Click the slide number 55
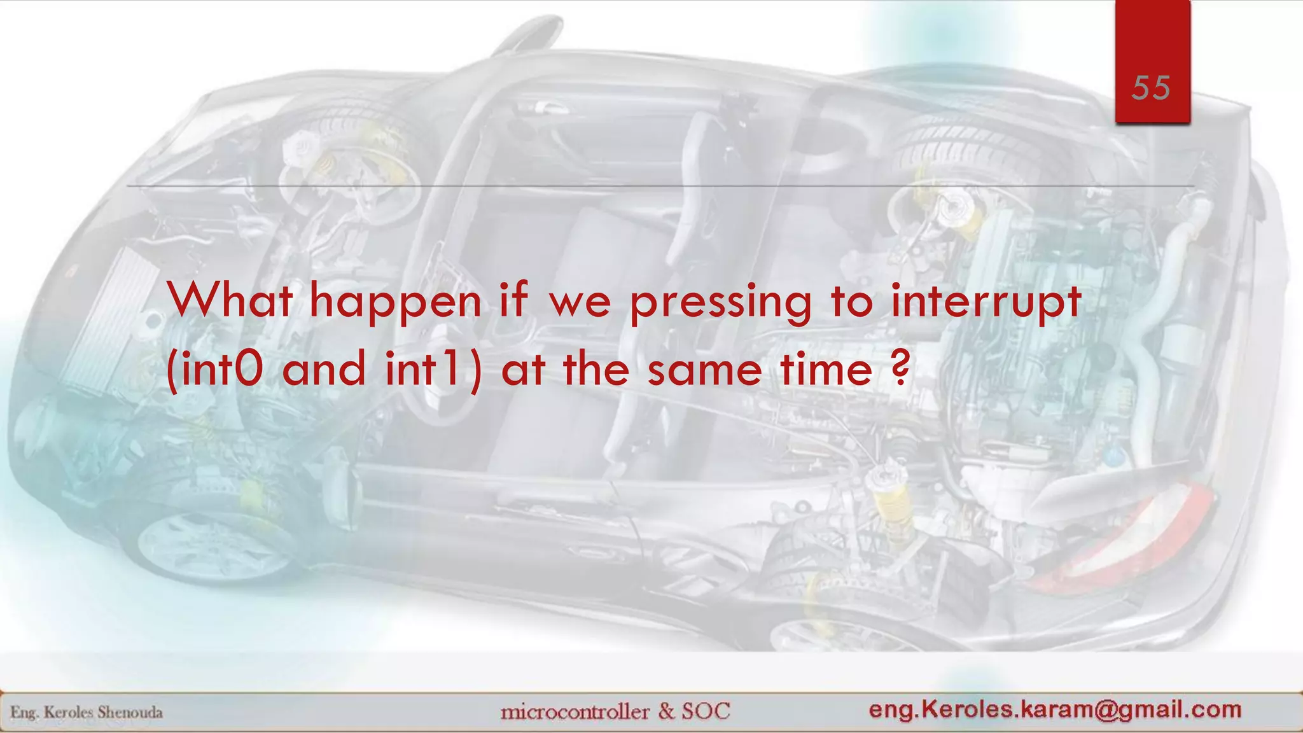(1151, 88)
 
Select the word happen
(395, 303)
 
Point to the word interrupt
(986, 302)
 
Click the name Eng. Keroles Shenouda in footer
(87, 712)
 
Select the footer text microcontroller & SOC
(615, 711)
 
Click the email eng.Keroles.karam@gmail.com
(1055, 709)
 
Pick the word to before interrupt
(851, 302)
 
